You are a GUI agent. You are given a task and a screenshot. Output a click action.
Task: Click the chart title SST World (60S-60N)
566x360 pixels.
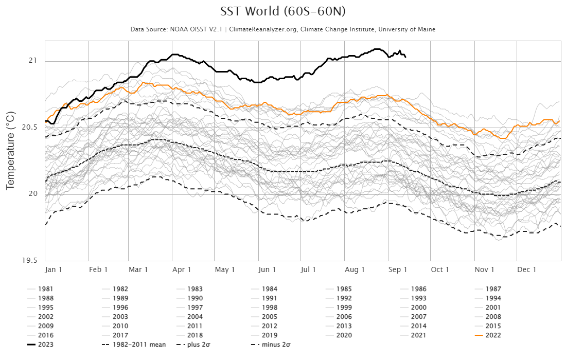tap(283, 12)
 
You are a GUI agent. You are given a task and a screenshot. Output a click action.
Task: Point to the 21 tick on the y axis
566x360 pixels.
tap(34, 61)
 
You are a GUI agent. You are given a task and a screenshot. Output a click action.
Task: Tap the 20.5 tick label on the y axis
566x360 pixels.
tap(30, 128)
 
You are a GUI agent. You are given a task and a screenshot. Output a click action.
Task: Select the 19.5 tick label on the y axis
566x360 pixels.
tap(30, 260)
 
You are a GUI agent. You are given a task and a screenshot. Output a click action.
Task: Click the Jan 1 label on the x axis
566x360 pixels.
tap(54, 269)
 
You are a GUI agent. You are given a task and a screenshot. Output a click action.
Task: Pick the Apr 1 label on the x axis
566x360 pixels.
tap(182, 269)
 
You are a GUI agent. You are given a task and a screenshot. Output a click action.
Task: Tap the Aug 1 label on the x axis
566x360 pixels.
tap(355, 269)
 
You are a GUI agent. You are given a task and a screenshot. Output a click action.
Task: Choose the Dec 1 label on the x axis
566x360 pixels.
tap(527, 269)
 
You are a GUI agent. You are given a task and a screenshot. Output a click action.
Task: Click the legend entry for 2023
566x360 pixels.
tap(45, 345)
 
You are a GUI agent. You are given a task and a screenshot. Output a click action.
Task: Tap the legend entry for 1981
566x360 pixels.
tap(45, 289)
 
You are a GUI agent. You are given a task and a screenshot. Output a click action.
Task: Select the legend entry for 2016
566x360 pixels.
tap(45, 335)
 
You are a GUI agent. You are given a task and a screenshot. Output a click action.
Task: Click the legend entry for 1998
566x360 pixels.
tap(270, 308)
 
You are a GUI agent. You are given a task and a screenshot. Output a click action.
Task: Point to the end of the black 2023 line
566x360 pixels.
tap(406, 57)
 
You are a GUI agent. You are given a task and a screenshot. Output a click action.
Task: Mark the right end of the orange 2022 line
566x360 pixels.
tap(559, 121)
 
